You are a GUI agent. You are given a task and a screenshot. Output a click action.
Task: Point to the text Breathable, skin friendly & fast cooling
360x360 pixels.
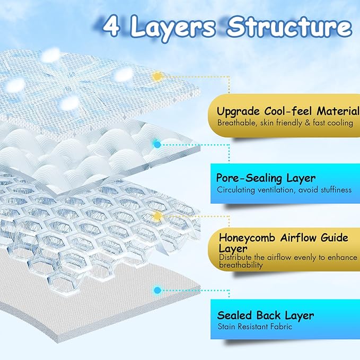point(285,123)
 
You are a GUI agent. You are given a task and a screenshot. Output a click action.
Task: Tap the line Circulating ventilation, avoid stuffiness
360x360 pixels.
point(284,190)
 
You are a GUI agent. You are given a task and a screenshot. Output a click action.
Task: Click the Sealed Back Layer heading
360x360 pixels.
point(265,315)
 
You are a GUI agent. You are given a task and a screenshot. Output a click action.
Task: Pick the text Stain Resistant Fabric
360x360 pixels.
point(254,327)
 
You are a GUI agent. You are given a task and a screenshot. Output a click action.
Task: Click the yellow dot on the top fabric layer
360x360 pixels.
point(157,76)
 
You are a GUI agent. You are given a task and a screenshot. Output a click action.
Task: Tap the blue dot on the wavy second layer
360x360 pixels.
point(157,143)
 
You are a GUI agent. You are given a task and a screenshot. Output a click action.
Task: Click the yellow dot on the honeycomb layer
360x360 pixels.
point(157,216)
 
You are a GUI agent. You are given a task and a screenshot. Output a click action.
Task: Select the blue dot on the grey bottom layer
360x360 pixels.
point(157,290)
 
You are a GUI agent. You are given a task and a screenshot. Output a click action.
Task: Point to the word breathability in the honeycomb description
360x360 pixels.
point(240,265)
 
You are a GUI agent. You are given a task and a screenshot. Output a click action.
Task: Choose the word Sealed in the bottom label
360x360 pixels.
point(234,315)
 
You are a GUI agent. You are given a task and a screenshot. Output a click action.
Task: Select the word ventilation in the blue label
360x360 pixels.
point(278,190)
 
